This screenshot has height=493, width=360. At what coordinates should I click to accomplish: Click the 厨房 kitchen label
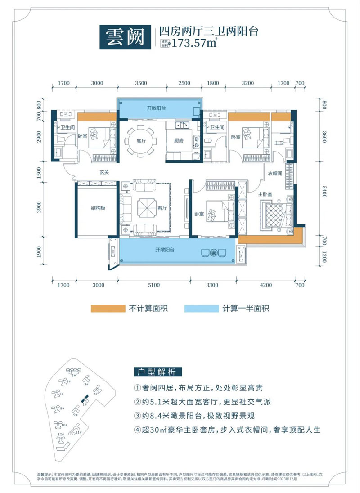pos(178,140)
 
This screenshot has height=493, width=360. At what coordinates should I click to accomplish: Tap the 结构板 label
pos(98,208)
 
